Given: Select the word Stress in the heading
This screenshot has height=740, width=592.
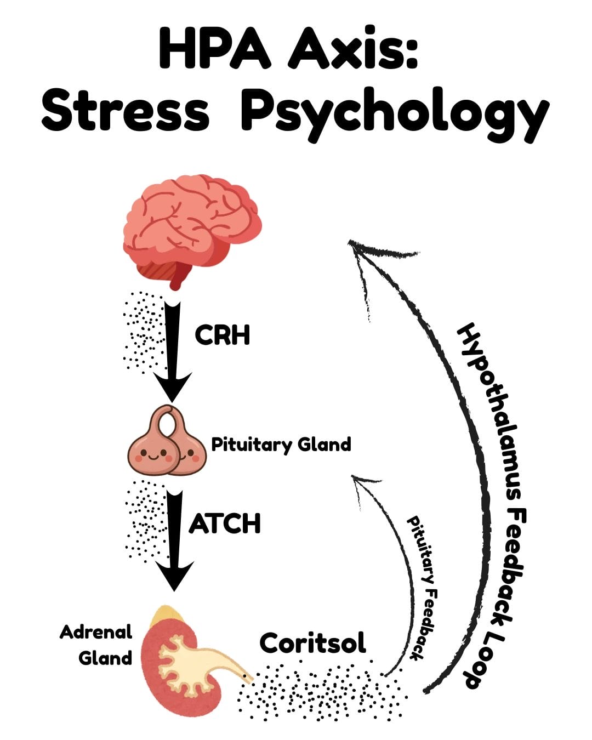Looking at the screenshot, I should tap(125, 112).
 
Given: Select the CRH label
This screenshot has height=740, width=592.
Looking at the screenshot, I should tap(222, 335).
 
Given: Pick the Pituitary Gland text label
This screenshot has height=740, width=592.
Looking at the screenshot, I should tap(281, 444).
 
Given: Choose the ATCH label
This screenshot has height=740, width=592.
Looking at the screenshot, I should tap(225, 524).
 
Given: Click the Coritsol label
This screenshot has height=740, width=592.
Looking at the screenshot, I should tap(312, 643).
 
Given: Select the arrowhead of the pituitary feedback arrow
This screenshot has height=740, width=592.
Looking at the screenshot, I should tap(360, 482).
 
